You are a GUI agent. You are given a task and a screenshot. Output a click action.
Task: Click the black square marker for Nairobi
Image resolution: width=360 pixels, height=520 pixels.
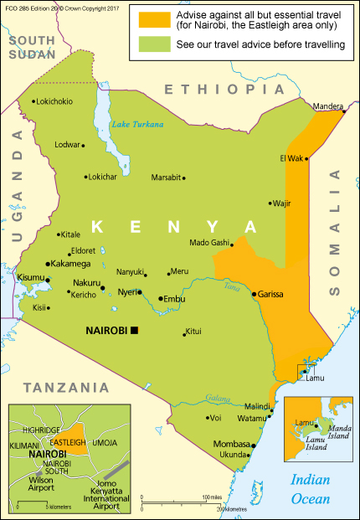[133, 331]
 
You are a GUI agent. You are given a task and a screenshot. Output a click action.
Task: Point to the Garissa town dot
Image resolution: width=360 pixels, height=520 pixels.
[254, 294]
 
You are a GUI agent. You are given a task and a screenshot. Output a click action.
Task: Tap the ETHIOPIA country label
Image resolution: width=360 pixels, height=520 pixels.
[215, 90]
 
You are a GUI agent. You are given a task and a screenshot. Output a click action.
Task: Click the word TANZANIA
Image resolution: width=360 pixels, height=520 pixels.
[66, 388]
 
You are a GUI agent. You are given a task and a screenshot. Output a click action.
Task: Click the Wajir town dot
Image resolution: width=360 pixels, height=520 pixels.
[270, 203]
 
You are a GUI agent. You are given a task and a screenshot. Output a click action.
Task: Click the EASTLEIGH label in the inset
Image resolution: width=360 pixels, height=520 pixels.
[69, 442]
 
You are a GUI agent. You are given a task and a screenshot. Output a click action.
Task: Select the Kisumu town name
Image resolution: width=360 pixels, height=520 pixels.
[31, 276]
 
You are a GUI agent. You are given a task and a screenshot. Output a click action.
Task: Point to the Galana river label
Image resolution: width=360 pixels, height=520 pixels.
[217, 398]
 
